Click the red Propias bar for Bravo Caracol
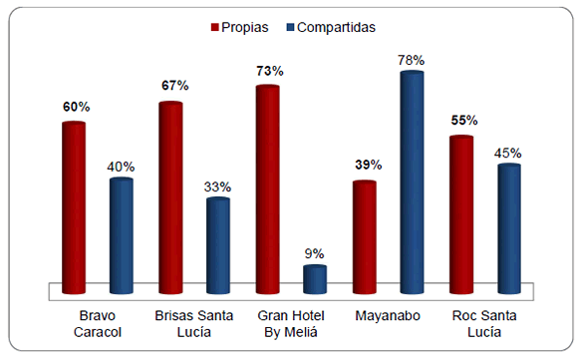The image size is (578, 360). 74,207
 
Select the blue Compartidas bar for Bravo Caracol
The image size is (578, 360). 122,235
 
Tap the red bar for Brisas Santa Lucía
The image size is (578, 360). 170,197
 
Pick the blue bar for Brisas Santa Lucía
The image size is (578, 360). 218,245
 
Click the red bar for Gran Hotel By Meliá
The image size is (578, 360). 267,189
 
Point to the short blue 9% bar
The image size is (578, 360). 315,279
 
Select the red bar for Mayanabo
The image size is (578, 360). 365,237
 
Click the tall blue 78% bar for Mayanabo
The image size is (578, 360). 412,182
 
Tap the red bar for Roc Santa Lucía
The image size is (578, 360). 461,214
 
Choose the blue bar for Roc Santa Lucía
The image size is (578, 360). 509,228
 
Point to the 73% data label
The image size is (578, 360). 269,71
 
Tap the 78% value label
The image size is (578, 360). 413,59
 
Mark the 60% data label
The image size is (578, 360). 75,107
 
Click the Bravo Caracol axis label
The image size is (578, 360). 98,324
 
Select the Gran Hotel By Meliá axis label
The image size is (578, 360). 291,324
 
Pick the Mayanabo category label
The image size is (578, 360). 388,317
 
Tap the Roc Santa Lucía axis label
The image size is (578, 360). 485,324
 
